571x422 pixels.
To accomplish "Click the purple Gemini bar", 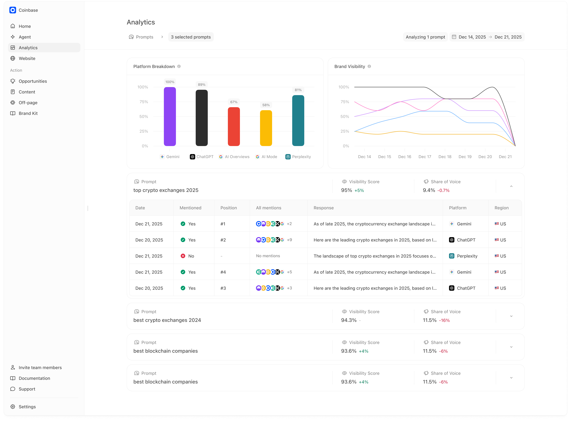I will [170, 117].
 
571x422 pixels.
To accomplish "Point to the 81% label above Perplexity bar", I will [298, 90].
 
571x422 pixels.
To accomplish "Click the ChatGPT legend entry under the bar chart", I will [202, 157].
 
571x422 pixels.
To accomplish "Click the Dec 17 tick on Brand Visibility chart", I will [425, 157].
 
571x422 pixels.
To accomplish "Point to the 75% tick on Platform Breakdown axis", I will [144, 102].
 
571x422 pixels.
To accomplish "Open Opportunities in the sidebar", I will [33, 81].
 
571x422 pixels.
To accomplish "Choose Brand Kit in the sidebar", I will [28, 113].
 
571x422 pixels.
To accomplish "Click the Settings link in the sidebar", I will [27, 407].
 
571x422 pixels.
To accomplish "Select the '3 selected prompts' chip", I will [191, 37].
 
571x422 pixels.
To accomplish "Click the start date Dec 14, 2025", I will [472, 37].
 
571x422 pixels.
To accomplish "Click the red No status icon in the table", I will [183, 256].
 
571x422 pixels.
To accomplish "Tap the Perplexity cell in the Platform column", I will [467, 256].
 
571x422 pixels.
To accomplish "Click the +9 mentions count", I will [289, 240].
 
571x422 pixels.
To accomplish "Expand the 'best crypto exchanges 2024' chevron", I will [511, 316].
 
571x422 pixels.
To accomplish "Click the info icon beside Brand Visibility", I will [369, 66].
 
